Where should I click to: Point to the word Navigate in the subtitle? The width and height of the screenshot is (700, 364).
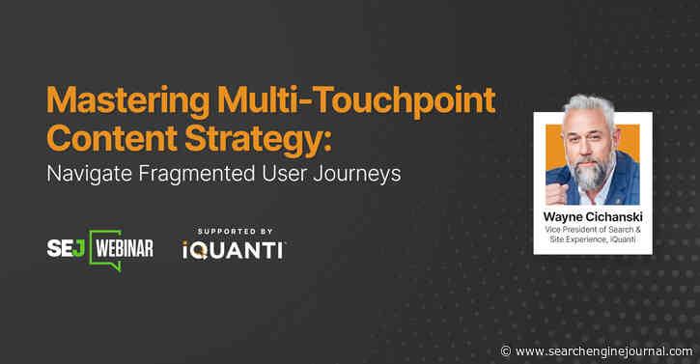[91, 176]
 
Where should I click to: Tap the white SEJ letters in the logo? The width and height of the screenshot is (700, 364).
[65, 248]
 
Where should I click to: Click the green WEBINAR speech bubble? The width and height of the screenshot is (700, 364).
[122, 248]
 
